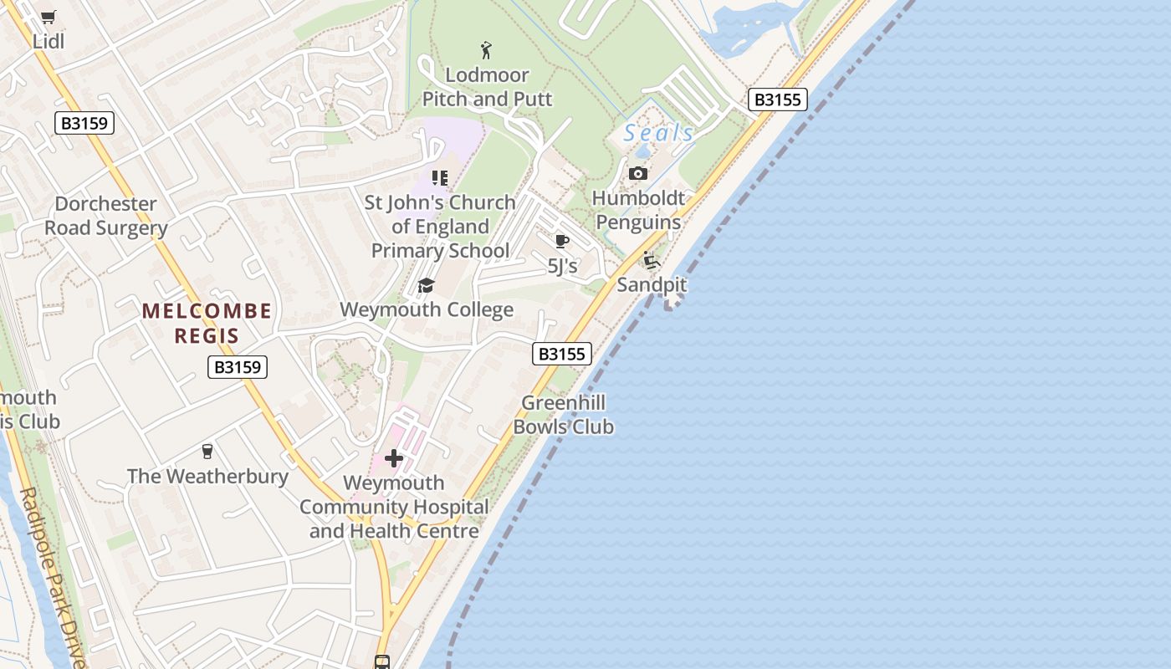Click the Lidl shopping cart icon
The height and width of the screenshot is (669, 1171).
(x=49, y=18)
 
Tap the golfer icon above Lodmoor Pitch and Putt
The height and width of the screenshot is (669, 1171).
(x=486, y=50)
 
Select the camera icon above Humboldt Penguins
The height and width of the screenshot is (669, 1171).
(x=638, y=174)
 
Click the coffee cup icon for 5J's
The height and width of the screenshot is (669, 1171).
(x=562, y=242)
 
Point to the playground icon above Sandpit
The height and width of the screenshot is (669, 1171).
(x=652, y=260)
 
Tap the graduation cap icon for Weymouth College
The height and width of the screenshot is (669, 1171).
(x=427, y=286)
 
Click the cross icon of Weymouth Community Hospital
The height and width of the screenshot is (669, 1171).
(x=394, y=457)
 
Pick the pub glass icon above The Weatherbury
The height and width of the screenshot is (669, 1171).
(x=207, y=452)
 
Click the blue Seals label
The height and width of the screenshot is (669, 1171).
(x=658, y=133)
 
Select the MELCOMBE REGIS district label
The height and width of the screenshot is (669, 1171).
(x=207, y=324)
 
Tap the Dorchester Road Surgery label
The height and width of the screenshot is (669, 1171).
(x=106, y=216)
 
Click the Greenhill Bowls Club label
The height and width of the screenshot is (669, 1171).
(x=563, y=415)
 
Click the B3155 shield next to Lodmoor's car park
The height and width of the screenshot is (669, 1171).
(x=777, y=100)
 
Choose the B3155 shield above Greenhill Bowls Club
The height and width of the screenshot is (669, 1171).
(x=562, y=354)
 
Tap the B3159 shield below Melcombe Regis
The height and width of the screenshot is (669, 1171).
(x=238, y=366)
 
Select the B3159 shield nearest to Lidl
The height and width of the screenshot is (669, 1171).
(x=84, y=123)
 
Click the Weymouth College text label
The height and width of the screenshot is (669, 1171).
(x=427, y=310)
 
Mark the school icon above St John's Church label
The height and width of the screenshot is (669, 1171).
(x=439, y=177)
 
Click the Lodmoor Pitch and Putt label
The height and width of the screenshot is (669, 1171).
(x=487, y=87)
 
